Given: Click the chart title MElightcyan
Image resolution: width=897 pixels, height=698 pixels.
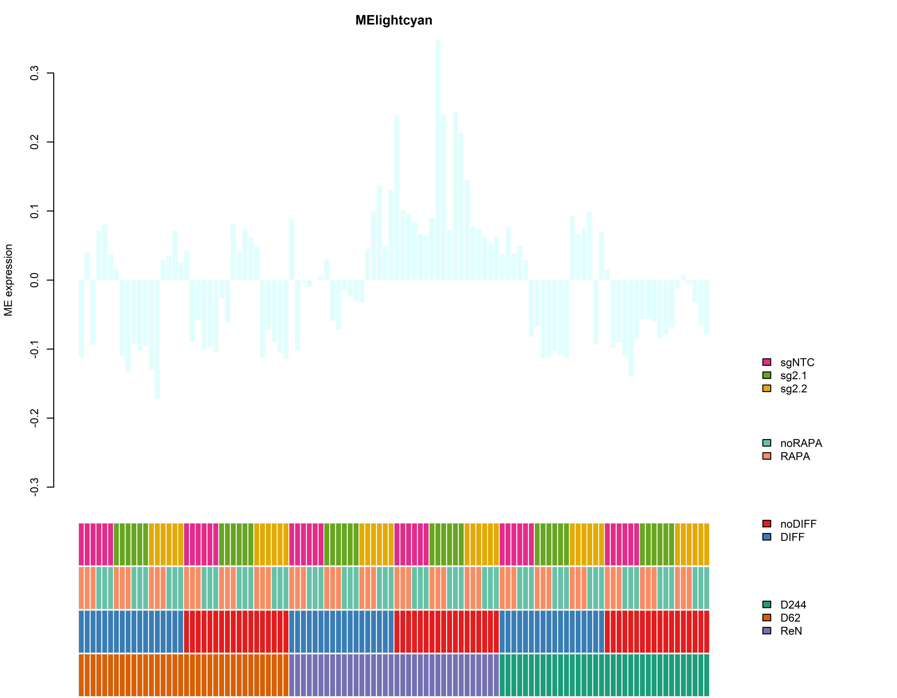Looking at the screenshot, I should [x=393, y=20].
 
